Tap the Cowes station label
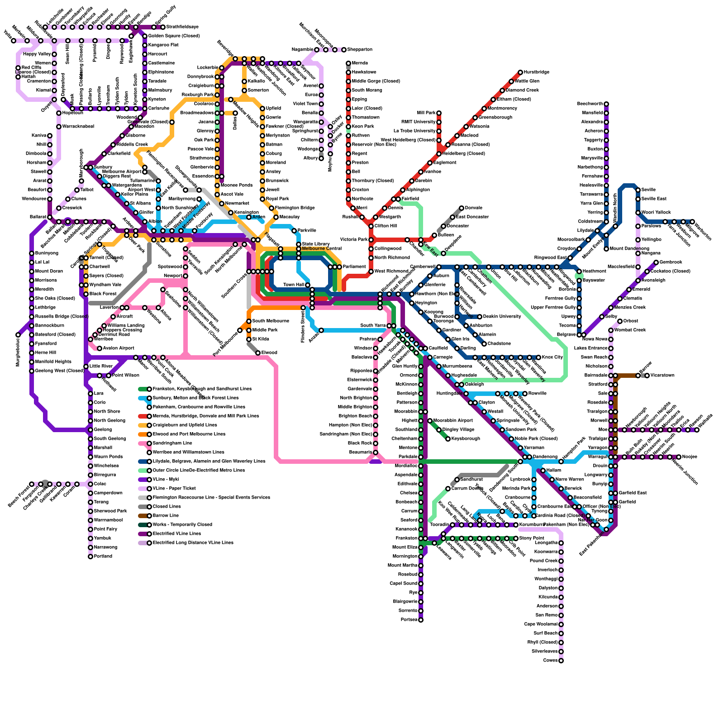click(x=550, y=661)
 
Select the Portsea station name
click(x=409, y=620)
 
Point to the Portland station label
click(x=103, y=557)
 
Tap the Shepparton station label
click(x=360, y=50)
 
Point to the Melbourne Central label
click(x=321, y=249)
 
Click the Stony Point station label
click(x=532, y=538)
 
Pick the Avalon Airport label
click(x=119, y=348)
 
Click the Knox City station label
click(x=553, y=357)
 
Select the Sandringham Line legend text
click(x=172, y=443)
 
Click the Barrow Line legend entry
click(x=166, y=516)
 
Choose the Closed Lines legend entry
click(x=167, y=507)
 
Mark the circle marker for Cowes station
click(x=561, y=661)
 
